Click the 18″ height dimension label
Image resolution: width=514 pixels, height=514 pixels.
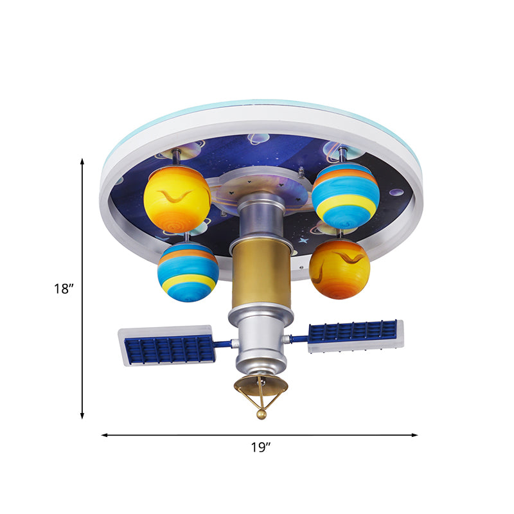[64, 289]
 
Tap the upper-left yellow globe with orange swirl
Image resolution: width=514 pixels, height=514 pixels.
[177, 198]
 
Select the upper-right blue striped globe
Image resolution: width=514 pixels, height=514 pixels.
[346, 196]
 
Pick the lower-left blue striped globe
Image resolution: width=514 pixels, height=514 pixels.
[188, 272]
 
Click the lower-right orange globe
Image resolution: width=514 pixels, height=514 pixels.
[340, 269]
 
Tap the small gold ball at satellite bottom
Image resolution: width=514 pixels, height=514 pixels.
[261, 414]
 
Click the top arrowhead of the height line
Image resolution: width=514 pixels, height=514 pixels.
[82, 161]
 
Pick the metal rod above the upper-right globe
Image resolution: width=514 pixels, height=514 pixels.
[343, 154]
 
